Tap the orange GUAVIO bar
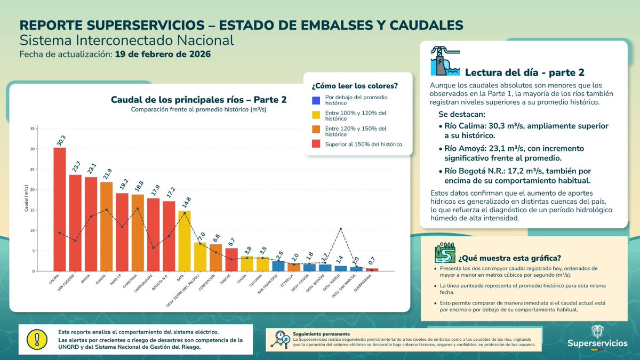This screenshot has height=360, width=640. pyautogui.click(x=107, y=226)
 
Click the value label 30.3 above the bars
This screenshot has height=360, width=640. pyautogui.click(x=61, y=140)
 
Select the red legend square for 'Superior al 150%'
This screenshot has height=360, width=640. pyautogui.click(x=316, y=144)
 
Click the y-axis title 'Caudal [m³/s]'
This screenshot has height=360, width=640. pyautogui.click(x=27, y=199)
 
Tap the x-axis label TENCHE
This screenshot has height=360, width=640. pyautogui.click(x=226, y=281)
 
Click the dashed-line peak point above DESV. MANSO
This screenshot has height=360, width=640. pyautogui.click(x=341, y=229)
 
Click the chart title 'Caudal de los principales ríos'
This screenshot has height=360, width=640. pyautogui.click(x=198, y=100)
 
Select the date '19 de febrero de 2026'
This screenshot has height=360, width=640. pyautogui.click(x=163, y=54)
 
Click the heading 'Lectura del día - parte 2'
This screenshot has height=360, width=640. pyautogui.click(x=525, y=73)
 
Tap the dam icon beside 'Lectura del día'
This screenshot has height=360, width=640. pyautogui.click(x=444, y=62)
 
